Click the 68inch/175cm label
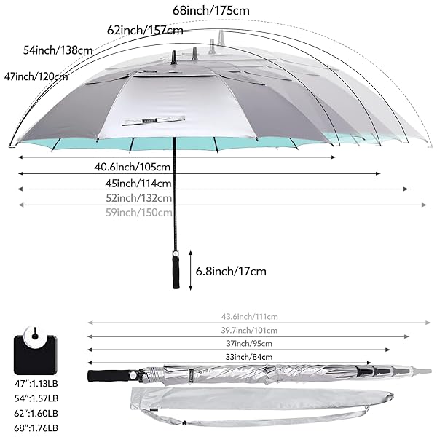[x=211, y=11]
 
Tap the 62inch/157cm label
[x=145, y=30]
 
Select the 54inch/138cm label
[x=58, y=50]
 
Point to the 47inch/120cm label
[x=36, y=76]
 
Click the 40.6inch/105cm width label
[x=132, y=167]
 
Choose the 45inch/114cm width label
[x=138, y=183]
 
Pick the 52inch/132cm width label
[x=139, y=198]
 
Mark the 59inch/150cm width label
[x=139, y=213]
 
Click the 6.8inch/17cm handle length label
[x=231, y=271]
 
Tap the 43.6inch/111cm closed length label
[x=249, y=317]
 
